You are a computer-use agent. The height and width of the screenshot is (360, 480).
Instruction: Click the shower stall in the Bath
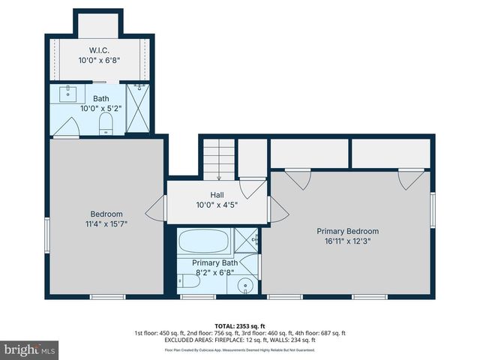point(137,109)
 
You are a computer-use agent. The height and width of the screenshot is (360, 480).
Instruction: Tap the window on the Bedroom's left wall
point(46,235)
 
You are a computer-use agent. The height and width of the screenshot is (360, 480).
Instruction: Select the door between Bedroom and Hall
point(158,208)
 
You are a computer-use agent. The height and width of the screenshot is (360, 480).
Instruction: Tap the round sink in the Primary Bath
point(245,284)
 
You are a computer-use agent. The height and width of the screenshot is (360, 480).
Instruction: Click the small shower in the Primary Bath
point(246,241)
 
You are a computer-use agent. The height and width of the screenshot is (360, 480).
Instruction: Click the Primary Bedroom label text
point(347,231)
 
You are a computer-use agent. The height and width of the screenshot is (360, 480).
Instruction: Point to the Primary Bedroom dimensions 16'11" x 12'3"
point(347,241)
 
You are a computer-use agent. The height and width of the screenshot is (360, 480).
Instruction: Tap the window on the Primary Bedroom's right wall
point(433,210)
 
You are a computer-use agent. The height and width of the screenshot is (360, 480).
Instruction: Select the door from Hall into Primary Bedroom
point(276,209)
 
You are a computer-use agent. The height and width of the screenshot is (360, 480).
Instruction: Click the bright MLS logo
point(30,349)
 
